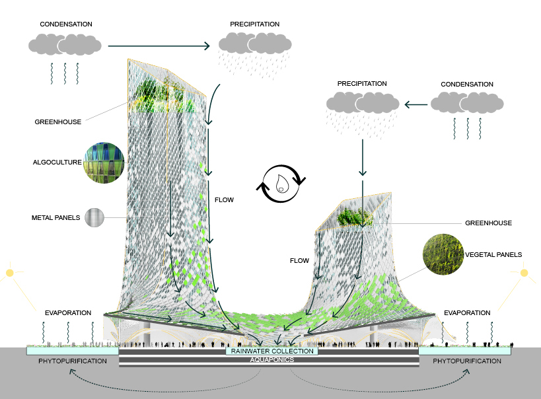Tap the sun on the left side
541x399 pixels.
[x=10, y=272]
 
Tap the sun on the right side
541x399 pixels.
[x=524, y=272]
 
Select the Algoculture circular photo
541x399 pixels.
[x=104, y=163]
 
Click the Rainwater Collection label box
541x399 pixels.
[x=271, y=351]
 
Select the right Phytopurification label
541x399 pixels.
[x=467, y=361]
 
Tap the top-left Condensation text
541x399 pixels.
[x=66, y=24]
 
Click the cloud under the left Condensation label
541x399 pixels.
[x=65, y=44]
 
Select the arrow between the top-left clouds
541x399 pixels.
[x=159, y=46]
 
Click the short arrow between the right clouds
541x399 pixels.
[x=415, y=104]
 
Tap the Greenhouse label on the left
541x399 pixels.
[x=57, y=122]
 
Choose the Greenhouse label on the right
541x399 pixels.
[x=489, y=223]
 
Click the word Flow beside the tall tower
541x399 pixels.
[x=225, y=199]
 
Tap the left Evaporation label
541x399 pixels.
[x=68, y=312]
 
